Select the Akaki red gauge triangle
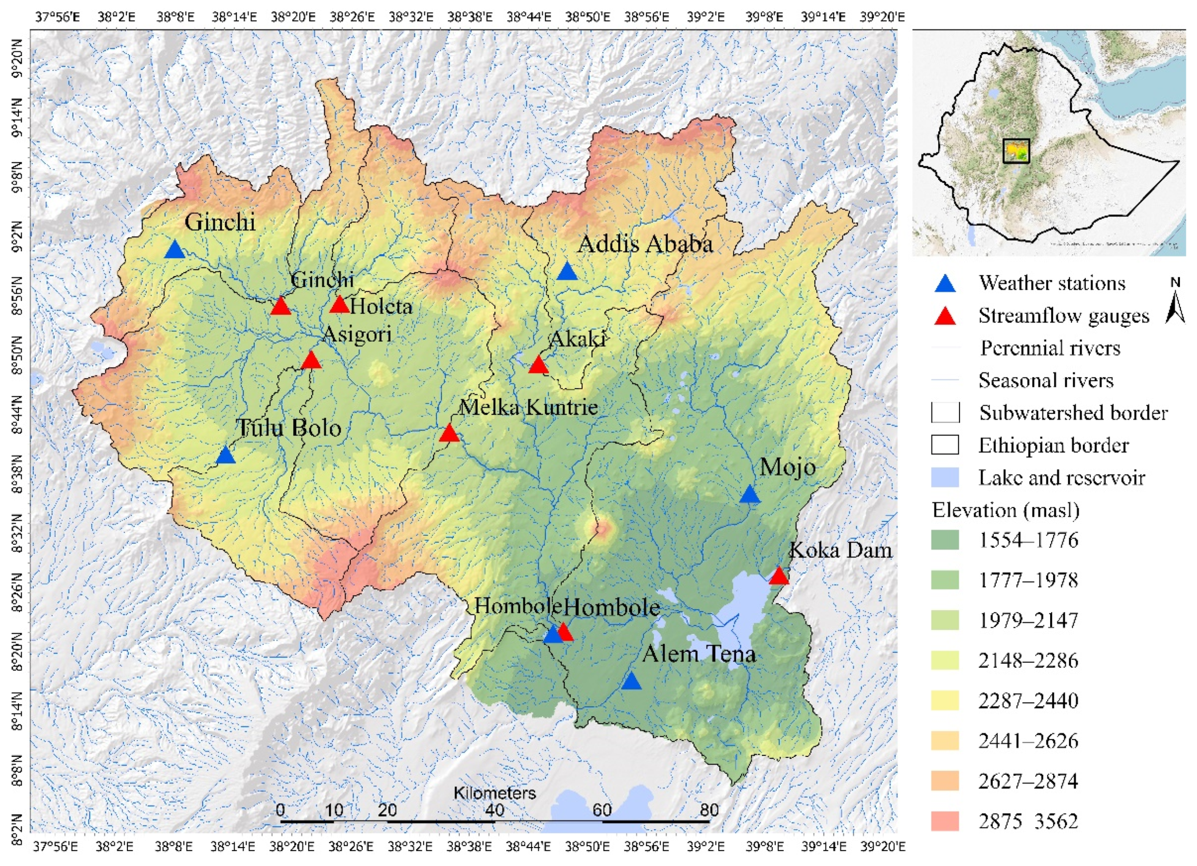point(538,365)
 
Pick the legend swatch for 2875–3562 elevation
point(945,821)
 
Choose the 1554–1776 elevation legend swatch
point(945,540)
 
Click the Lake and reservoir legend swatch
point(945,477)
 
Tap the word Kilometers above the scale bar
point(494,793)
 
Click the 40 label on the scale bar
point(494,810)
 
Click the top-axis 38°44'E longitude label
point(529,17)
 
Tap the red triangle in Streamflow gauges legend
point(945,316)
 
